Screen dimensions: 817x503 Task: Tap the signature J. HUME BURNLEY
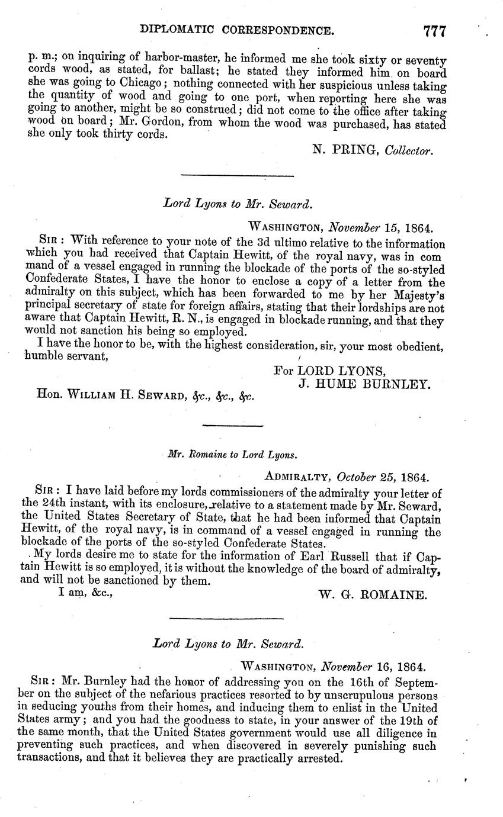click(x=363, y=384)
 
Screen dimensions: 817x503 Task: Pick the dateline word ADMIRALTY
click(x=298, y=476)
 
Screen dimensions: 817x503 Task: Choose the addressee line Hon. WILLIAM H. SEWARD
click(x=146, y=396)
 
